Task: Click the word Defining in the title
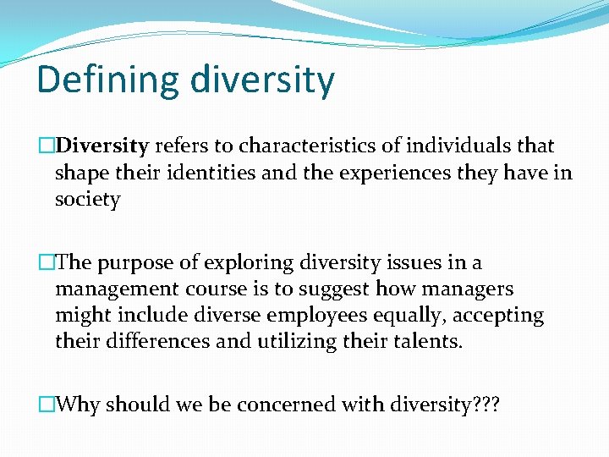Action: tap(107, 80)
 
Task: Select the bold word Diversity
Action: tap(106, 146)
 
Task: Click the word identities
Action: tap(208, 173)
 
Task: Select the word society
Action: tap(88, 200)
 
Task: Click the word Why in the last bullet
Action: tap(80, 405)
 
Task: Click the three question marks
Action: tap(486, 405)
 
